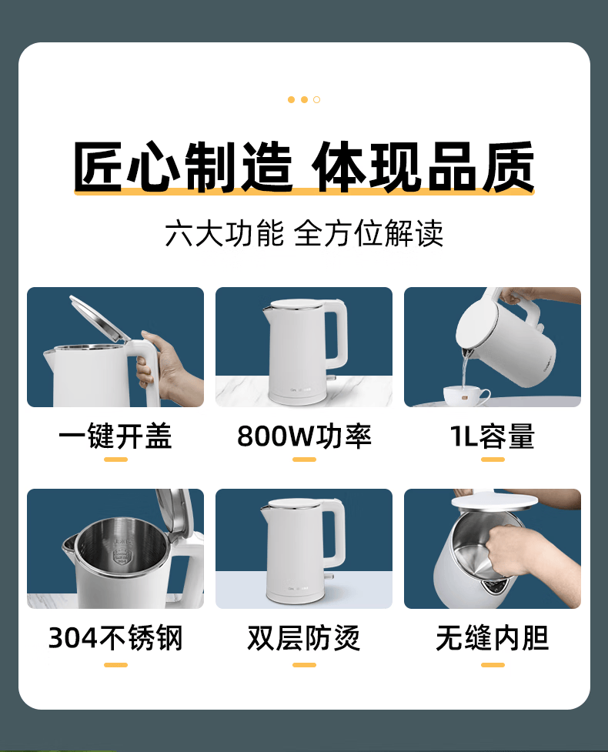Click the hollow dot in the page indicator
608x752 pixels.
tap(316, 100)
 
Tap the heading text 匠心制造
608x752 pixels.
tap(182, 166)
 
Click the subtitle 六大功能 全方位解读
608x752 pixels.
tap(304, 233)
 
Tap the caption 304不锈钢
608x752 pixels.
tap(115, 638)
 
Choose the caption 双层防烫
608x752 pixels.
tap(304, 638)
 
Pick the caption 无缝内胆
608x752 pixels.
tap(493, 638)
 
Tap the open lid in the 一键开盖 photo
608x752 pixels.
tap(99, 318)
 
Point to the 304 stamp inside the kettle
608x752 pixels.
tap(122, 556)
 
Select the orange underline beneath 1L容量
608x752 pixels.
tap(493, 460)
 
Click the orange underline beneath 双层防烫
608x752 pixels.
tap(304, 665)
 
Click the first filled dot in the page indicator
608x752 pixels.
tap(291, 100)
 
